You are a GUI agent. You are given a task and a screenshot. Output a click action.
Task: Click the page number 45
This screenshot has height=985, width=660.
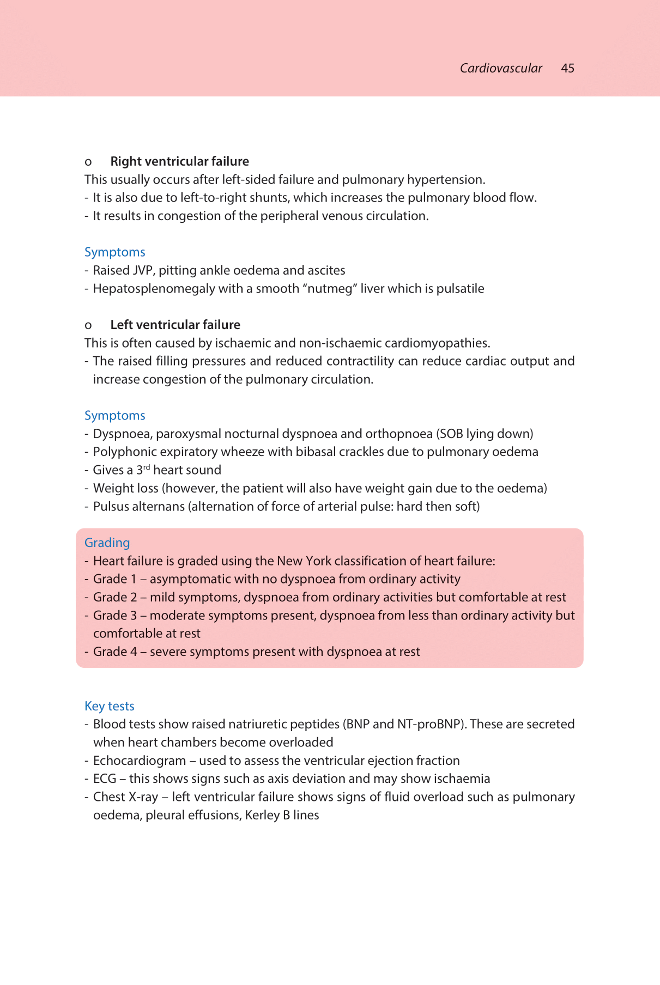click(x=567, y=68)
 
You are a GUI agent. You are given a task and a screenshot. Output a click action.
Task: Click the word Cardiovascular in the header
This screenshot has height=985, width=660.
click(x=501, y=68)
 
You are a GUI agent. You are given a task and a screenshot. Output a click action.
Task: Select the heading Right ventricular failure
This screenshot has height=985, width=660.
click(x=179, y=161)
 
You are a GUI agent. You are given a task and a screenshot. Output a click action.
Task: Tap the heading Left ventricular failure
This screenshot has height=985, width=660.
click(x=175, y=325)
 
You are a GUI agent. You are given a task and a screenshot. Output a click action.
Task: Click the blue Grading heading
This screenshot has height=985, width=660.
click(x=107, y=543)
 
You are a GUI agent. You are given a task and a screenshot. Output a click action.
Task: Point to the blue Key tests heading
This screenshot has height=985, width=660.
click(x=109, y=706)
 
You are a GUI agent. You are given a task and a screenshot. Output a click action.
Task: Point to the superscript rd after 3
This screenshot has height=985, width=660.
click(x=146, y=467)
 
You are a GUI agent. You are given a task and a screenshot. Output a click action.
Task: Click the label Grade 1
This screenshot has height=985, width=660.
click(x=114, y=579)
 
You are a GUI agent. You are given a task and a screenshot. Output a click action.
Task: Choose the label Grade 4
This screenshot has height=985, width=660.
click(x=114, y=652)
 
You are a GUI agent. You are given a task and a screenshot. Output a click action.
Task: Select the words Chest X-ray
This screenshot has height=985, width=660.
click(x=125, y=797)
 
